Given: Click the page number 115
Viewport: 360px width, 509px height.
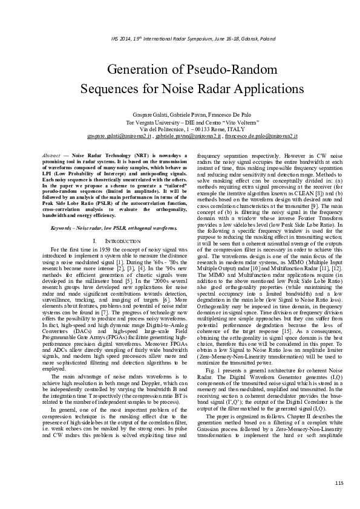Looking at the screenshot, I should [x=339, y=482].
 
